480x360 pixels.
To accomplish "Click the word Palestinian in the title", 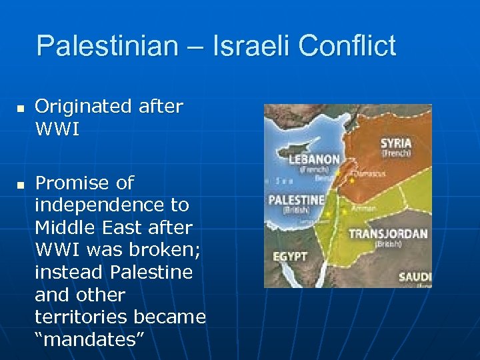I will [107, 46].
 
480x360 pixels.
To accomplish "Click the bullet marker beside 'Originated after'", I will [21, 107].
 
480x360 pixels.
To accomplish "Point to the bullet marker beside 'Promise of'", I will [21, 184].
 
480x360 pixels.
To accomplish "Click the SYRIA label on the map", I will [396, 143].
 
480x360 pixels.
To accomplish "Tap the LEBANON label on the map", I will [314, 160].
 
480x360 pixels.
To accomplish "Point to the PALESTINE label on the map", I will [296, 200].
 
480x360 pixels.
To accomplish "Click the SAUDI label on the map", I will [415, 277].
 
